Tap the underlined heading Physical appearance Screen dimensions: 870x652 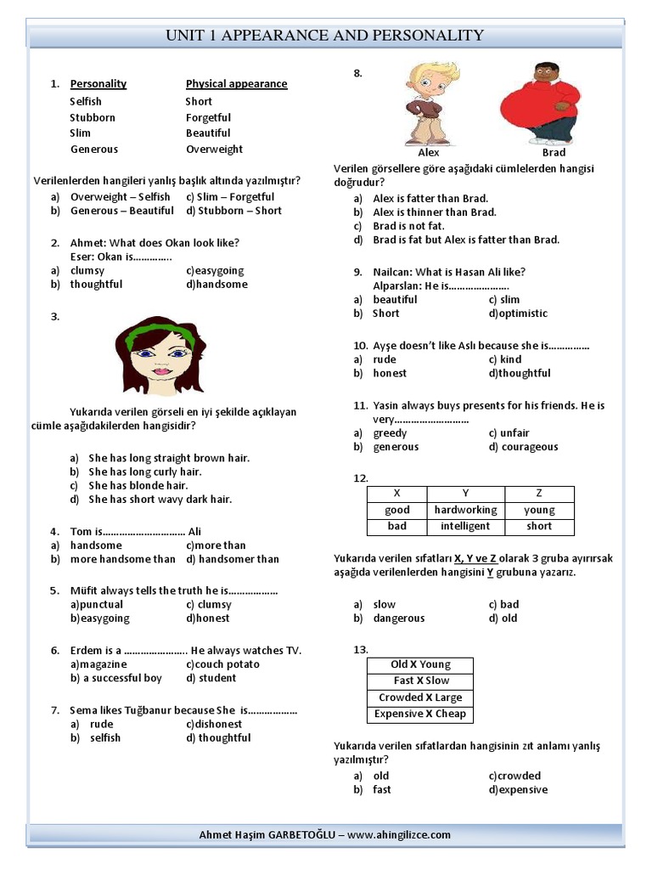[236, 83]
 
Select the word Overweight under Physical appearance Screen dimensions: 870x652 [214, 149]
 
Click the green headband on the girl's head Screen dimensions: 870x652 [154, 336]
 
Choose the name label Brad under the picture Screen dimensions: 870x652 [554, 153]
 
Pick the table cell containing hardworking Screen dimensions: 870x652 [465, 510]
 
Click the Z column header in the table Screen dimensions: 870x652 [539, 494]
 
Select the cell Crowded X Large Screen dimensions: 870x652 [420, 698]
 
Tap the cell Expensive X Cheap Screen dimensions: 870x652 [420, 714]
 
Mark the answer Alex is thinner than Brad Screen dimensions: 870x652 [435, 212]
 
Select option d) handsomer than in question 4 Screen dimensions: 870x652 [233, 559]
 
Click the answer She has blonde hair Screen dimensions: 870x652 [138, 485]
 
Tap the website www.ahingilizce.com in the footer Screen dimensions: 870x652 [399, 834]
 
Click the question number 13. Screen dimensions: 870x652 [361, 649]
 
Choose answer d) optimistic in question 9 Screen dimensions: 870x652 [518, 314]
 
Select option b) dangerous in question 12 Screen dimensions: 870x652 [397, 619]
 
